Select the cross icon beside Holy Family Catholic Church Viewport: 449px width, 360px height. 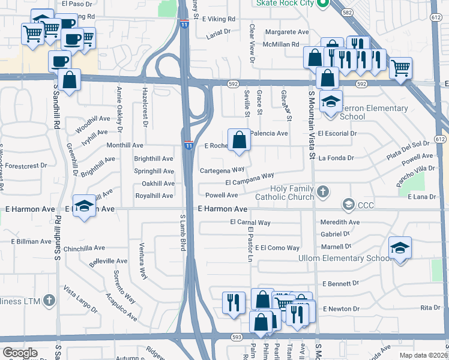(x=324, y=192)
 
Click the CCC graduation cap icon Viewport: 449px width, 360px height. (x=348, y=205)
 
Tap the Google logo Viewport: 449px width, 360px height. (x=20, y=353)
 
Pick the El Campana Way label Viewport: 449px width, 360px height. (x=250, y=179)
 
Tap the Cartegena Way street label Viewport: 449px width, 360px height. (x=222, y=170)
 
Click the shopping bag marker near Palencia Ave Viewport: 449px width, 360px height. (x=240, y=141)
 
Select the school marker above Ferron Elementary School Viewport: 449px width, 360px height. (x=330, y=103)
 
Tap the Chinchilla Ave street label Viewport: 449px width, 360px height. (x=85, y=248)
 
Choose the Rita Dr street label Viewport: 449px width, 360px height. (x=430, y=308)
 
